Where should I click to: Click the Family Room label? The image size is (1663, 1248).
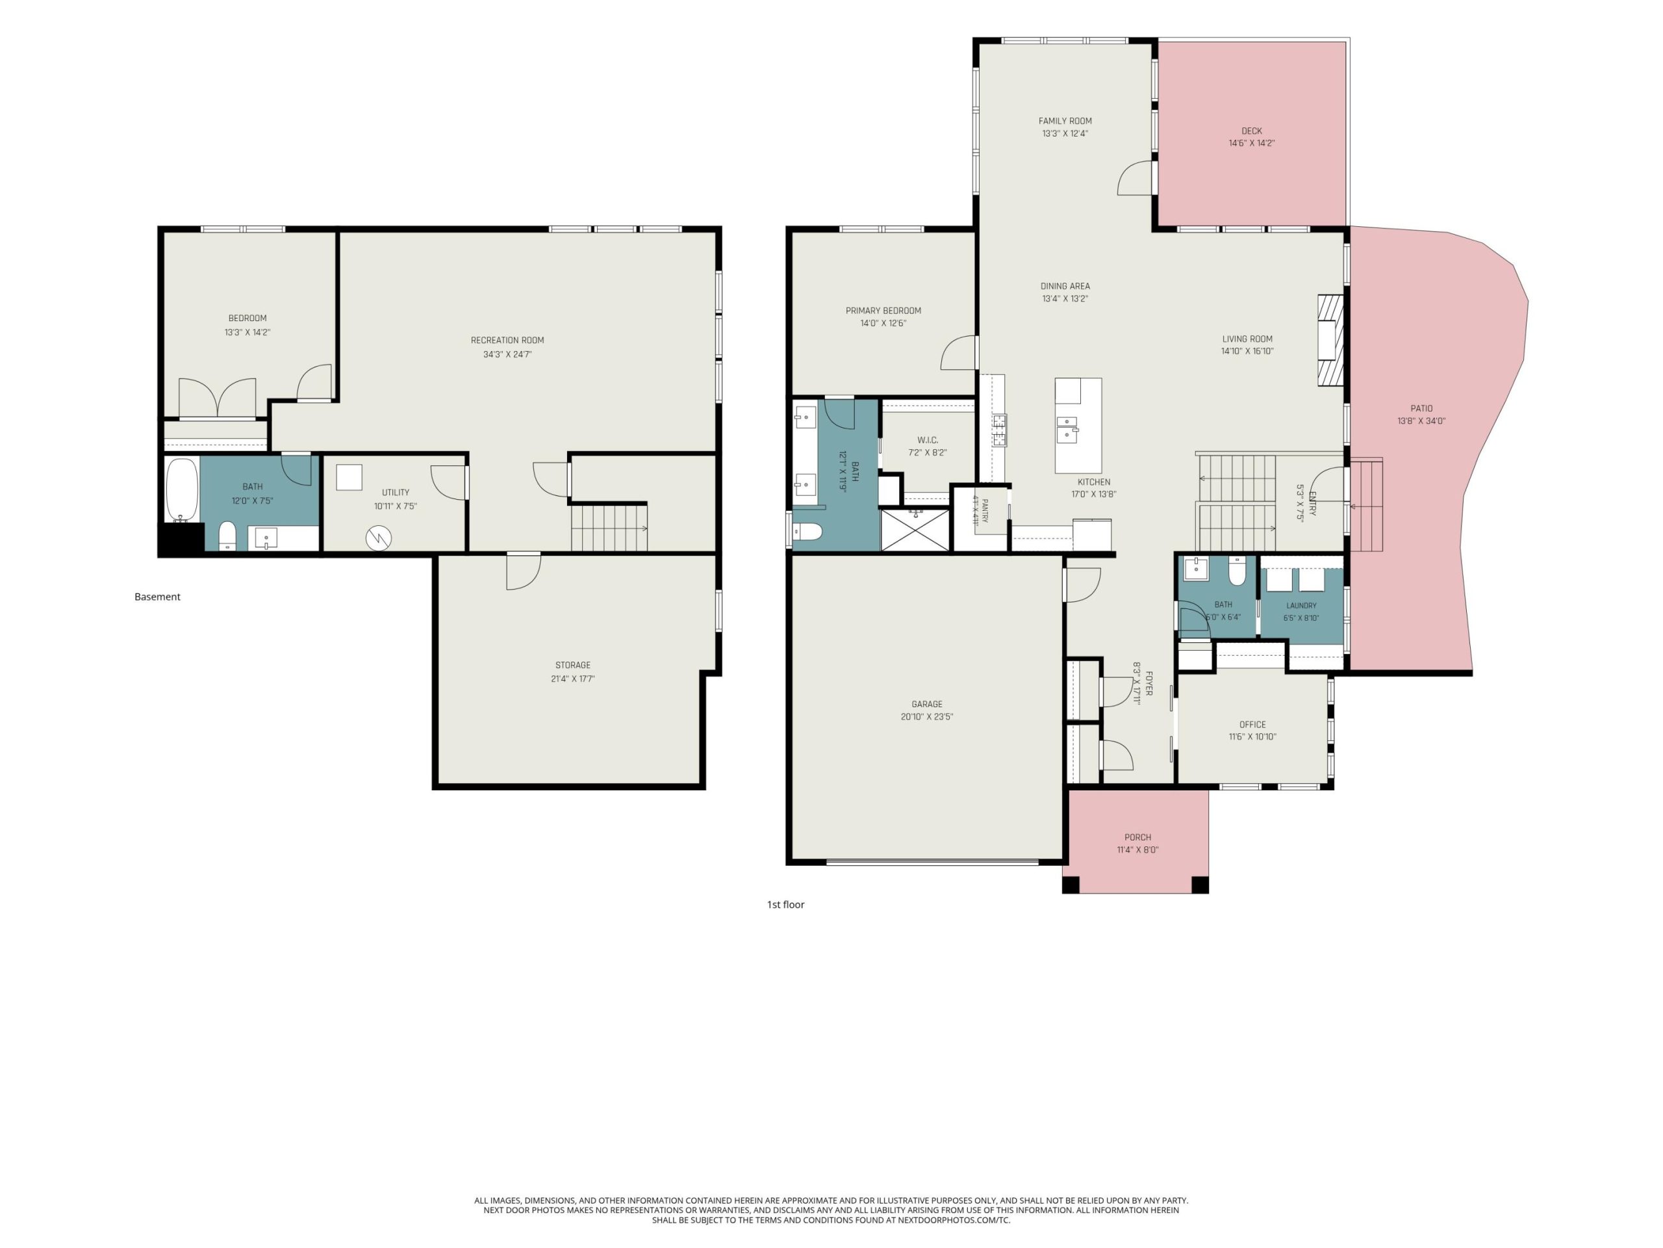[x=1065, y=121]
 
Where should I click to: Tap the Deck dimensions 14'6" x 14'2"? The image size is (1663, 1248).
[x=1251, y=143]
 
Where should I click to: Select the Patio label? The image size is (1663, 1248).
[x=1421, y=408]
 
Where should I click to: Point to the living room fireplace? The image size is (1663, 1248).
[x=1330, y=340]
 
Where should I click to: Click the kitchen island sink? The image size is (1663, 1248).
[x=1067, y=428]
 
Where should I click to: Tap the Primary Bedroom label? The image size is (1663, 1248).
[x=883, y=311]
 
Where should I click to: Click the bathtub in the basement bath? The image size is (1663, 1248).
[x=181, y=489]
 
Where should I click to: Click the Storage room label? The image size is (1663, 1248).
[x=572, y=665]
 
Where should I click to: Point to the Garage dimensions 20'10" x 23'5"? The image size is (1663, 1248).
[x=926, y=717]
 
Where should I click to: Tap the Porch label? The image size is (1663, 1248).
[x=1137, y=837]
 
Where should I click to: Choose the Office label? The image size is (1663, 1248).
[x=1252, y=725]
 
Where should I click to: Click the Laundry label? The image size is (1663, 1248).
[x=1301, y=606]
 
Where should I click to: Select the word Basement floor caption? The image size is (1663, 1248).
[x=157, y=597]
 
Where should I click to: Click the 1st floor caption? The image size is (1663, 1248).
[x=785, y=904]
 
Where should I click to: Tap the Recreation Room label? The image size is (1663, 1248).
[x=507, y=340]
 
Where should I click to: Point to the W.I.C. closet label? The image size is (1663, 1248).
[x=927, y=440]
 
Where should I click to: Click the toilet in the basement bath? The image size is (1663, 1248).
[x=227, y=537]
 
